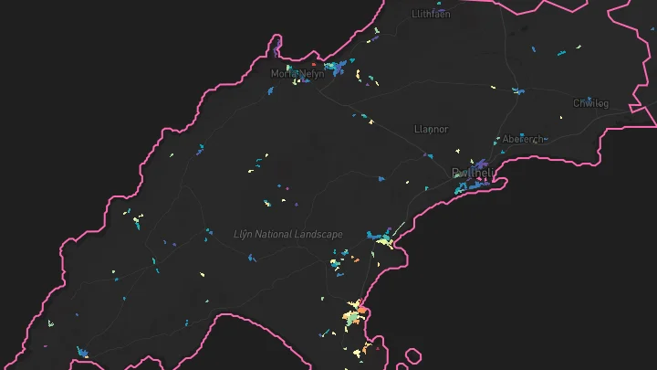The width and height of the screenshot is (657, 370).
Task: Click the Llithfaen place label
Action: (x=431, y=15)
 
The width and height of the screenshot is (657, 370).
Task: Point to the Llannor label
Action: (x=432, y=130)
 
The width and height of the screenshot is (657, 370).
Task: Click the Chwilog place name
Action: (x=590, y=103)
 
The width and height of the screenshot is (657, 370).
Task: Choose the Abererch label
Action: (x=523, y=139)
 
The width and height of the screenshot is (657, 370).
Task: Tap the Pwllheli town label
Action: (x=473, y=173)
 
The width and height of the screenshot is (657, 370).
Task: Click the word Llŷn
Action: (x=243, y=235)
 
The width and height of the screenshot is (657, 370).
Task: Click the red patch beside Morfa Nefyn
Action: (x=313, y=65)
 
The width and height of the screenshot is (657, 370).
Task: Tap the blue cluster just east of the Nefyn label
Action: (x=338, y=67)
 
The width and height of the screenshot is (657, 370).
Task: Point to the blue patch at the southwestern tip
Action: (x=82, y=352)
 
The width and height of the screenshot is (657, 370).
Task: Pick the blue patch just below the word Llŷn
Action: (x=251, y=259)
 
